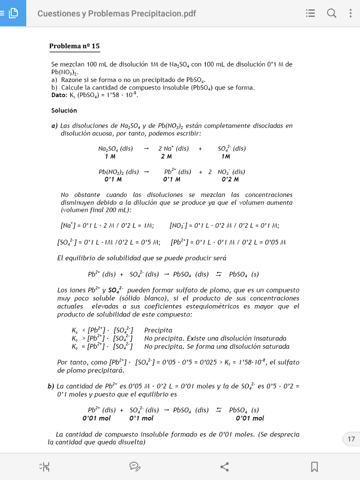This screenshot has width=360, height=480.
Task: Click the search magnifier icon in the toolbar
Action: tap(331, 14)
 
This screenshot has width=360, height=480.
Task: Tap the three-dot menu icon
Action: tap(350, 14)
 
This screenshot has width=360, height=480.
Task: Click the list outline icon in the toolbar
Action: tap(310, 14)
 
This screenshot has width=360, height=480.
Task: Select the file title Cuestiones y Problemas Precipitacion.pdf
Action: tap(116, 14)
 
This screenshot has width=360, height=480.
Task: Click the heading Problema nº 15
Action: tap(74, 46)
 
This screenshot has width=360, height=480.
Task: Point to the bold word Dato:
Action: tap(60, 95)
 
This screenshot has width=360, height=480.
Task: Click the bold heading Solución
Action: tap(64, 111)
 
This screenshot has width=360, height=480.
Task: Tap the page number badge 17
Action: tap(351, 439)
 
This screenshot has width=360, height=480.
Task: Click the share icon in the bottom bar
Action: tap(225, 466)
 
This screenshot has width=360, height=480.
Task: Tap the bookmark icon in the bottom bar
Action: tap(315, 466)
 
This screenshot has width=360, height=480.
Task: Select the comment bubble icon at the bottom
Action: tap(135, 466)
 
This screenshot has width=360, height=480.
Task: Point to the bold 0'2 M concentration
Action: tap(230, 180)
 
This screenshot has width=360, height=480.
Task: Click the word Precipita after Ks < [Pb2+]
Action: tap(158, 330)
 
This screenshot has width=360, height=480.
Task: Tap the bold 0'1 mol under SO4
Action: tap(141, 418)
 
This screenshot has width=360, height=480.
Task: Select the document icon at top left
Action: tap(13, 14)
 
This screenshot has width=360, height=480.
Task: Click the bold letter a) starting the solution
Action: tap(54, 126)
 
